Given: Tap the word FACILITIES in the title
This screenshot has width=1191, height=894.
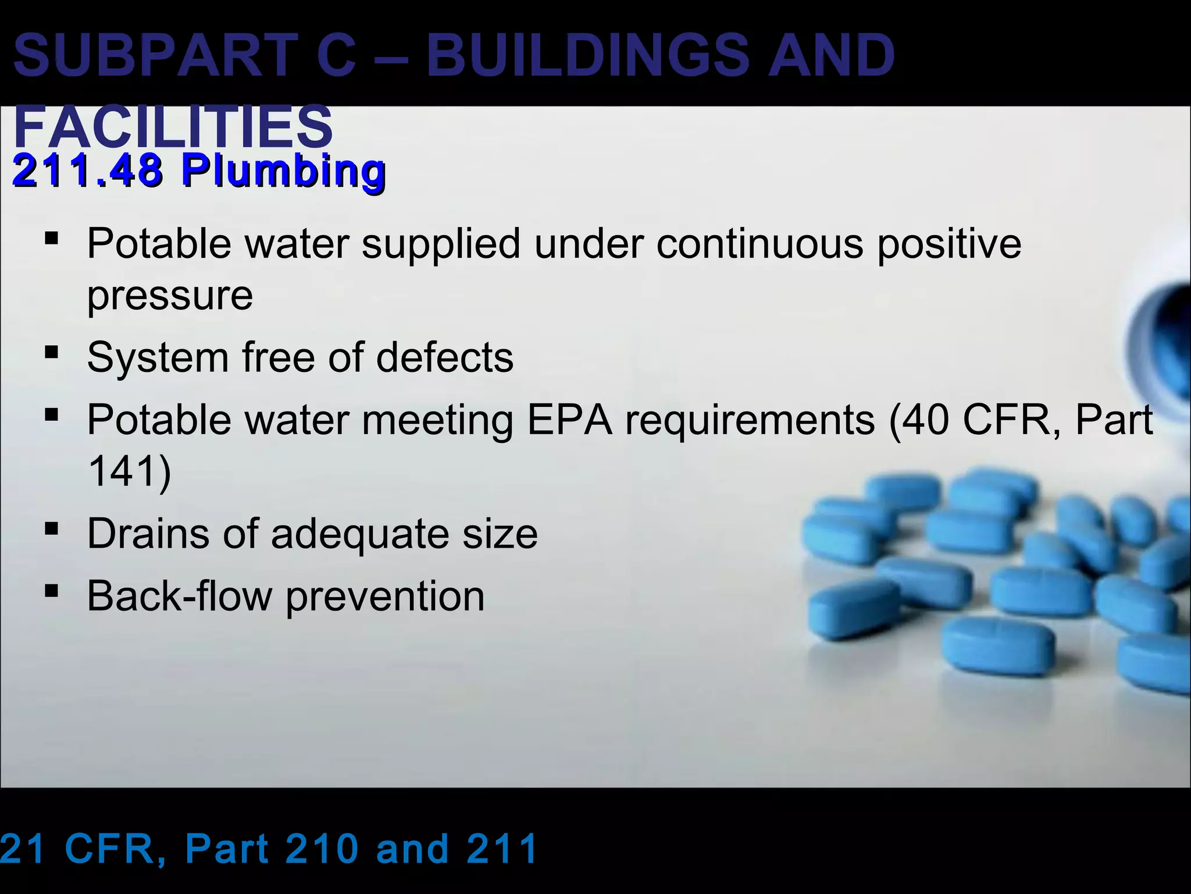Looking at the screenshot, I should click(x=173, y=127).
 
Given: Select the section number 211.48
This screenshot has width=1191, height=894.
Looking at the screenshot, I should click(x=87, y=171).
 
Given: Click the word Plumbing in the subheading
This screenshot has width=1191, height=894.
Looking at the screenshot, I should click(x=283, y=171).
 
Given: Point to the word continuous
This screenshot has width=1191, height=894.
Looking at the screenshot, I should click(x=759, y=243).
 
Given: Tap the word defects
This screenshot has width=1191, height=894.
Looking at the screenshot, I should click(x=445, y=357).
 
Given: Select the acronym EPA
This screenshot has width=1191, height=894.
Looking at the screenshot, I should click(x=569, y=420).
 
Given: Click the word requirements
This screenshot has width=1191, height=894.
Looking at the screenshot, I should click(x=750, y=420).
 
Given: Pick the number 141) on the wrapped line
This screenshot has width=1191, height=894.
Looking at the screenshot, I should click(x=129, y=471).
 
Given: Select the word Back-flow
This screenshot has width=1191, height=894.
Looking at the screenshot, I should click(x=179, y=596).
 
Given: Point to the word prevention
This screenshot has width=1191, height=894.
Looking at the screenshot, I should click(x=385, y=597).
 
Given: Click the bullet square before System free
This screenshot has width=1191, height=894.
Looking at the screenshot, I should click(x=51, y=352).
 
